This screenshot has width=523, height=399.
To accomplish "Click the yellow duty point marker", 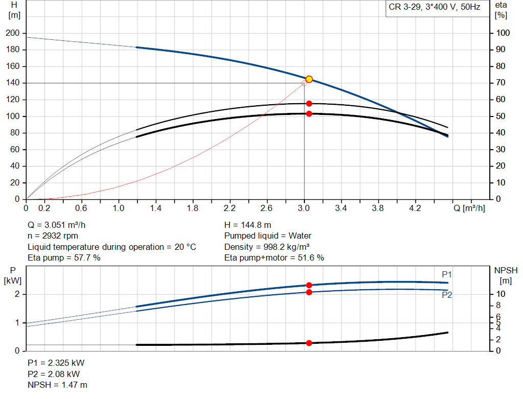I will click(x=309, y=79).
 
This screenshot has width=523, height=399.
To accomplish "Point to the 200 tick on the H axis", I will click(x=12, y=33).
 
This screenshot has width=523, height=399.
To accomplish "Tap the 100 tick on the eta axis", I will click(x=503, y=33).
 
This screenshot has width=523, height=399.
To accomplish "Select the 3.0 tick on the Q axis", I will click(x=304, y=208).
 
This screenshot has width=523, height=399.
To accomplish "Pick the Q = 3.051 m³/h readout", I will click(x=60, y=225).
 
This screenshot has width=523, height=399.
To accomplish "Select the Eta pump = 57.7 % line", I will click(x=64, y=258).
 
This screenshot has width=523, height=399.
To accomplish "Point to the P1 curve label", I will click(x=447, y=275).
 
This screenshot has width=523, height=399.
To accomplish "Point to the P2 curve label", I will click(x=447, y=295).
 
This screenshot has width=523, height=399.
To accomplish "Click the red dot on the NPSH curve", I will click(x=309, y=343).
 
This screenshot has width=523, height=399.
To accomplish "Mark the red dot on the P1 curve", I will click(x=309, y=285).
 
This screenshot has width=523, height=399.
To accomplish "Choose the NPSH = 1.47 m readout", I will click(x=57, y=385).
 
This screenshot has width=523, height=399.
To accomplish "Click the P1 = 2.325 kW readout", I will click(x=56, y=363).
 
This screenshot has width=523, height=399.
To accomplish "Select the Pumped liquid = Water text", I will click(x=268, y=236).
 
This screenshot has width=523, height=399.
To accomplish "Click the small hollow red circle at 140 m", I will click(x=304, y=83).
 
